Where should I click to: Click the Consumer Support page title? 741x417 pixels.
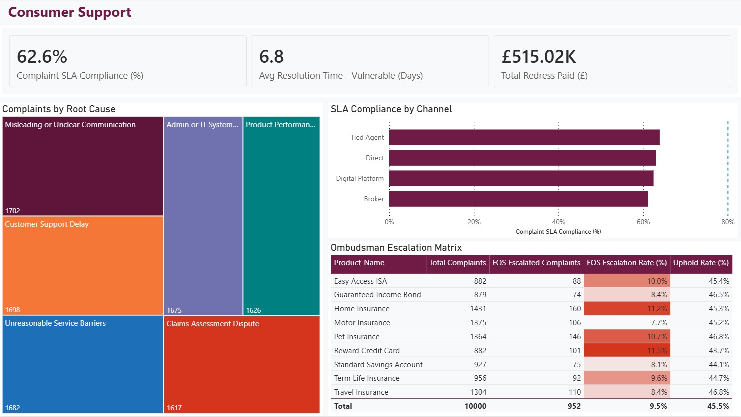(x=70, y=12)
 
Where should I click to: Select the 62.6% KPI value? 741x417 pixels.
(x=42, y=56)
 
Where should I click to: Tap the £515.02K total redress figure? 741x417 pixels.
(x=539, y=56)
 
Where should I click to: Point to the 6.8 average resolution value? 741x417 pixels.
(x=271, y=56)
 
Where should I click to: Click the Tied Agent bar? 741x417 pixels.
(x=524, y=137)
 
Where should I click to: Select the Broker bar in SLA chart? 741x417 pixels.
(x=518, y=199)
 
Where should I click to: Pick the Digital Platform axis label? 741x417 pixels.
(x=360, y=178)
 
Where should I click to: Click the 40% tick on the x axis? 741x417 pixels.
(x=559, y=222)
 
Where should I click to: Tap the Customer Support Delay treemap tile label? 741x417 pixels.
(x=47, y=224)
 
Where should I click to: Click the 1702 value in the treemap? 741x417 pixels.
(x=13, y=211)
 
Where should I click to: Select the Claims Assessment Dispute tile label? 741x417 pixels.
(x=213, y=324)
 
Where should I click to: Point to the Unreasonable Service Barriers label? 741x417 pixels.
(x=55, y=323)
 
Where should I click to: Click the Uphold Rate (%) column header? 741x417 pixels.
(x=701, y=263)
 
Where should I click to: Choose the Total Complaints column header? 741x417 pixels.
(x=457, y=263)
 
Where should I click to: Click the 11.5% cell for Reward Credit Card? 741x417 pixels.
(x=657, y=350)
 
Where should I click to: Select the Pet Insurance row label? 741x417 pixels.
(x=357, y=336)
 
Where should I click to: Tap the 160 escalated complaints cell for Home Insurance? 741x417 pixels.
(x=575, y=309)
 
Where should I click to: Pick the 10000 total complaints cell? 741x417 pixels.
(x=475, y=406)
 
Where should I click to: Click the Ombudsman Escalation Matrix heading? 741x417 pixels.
(x=396, y=247)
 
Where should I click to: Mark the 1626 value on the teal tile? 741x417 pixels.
(x=253, y=310)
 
